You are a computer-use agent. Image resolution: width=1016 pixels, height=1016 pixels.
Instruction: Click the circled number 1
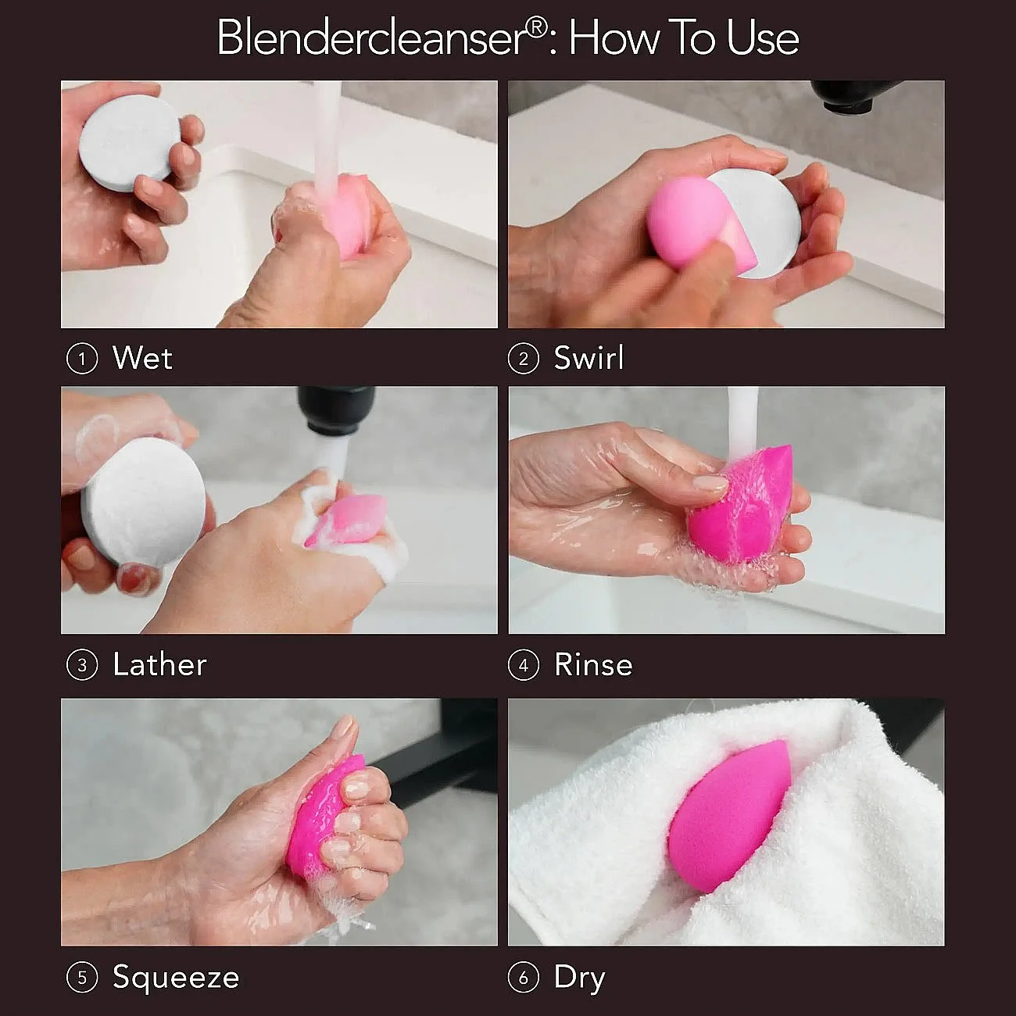(x=82, y=359)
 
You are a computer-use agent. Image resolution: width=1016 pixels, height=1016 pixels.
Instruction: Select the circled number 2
(x=524, y=359)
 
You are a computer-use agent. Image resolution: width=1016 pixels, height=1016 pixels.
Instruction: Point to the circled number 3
(x=82, y=665)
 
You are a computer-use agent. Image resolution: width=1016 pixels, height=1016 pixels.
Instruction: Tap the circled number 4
(x=524, y=665)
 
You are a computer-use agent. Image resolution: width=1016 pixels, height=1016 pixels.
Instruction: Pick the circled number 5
(x=82, y=978)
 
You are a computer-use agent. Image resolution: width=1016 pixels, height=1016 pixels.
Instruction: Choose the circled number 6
(x=524, y=978)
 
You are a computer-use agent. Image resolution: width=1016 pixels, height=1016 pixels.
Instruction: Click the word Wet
(x=142, y=359)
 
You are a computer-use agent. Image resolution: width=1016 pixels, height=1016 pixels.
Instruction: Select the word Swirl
(x=589, y=358)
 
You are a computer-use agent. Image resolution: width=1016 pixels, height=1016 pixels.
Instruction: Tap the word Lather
(x=159, y=664)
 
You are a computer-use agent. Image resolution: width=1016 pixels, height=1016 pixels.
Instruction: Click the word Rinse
(x=593, y=665)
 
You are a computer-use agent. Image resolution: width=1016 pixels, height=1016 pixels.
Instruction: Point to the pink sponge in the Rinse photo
(x=743, y=506)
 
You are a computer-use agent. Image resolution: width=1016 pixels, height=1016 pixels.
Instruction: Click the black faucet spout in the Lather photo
(x=336, y=412)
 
